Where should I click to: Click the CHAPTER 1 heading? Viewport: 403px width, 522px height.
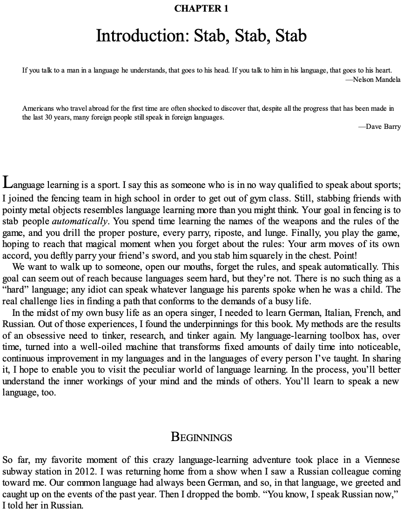click(x=201, y=8)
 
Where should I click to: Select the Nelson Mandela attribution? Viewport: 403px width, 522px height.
click(x=373, y=80)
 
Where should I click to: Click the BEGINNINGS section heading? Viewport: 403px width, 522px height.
click(x=201, y=437)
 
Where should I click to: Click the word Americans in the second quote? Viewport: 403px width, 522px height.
click(x=39, y=108)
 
